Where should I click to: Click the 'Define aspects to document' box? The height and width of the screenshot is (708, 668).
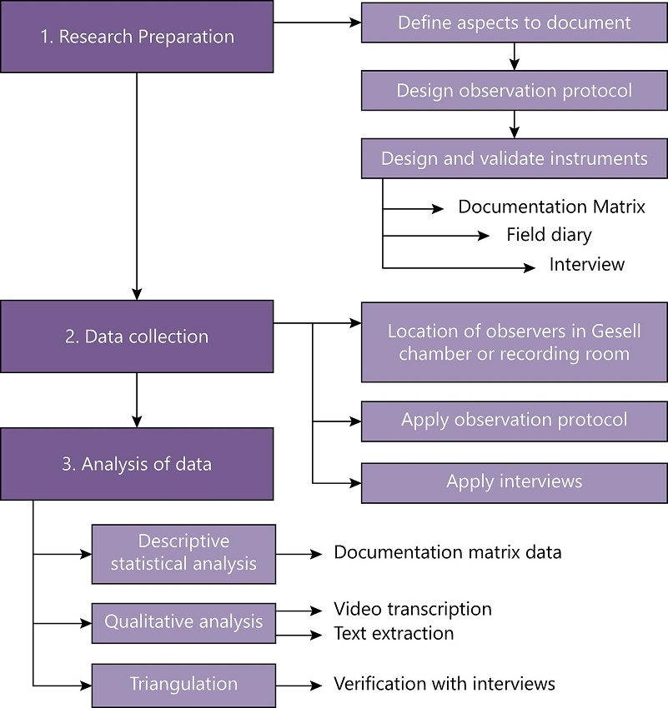[514, 22]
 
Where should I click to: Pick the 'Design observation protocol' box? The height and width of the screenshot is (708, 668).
[514, 90]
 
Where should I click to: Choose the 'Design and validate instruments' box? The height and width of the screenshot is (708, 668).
[514, 158]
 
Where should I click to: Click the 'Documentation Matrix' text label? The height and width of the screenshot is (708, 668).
[551, 207]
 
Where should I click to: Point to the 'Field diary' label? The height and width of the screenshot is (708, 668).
[549, 235]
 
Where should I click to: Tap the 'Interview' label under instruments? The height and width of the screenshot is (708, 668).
[586, 265]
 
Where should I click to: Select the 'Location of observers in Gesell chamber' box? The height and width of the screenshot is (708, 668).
[514, 342]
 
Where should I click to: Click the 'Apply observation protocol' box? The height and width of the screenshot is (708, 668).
[514, 420]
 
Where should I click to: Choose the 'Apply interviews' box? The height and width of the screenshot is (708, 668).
[514, 481]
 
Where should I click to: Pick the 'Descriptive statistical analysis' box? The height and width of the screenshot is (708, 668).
[183, 552]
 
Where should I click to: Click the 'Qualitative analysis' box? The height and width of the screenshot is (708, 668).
[183, 622]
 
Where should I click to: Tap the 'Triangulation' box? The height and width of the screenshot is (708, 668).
[183, 685]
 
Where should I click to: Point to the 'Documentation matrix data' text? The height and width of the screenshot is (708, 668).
[447, 552]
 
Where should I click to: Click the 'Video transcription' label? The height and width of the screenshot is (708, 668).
[412, 610]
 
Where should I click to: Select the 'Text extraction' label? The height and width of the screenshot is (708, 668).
[394, 634]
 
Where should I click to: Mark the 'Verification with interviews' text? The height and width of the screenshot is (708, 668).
[444, 685]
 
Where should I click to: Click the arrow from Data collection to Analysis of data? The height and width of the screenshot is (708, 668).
[136, 400]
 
